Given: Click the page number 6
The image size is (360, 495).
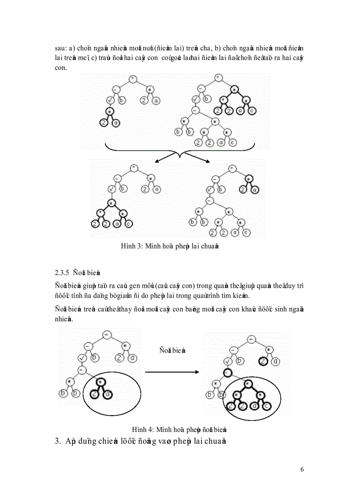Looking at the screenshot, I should [x=302, y=469].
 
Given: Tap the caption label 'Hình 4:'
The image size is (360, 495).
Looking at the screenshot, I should [x=142, y=429].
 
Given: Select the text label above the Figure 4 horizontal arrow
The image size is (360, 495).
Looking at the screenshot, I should [x=172, y=350].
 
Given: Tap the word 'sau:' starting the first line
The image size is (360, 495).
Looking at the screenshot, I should [x=60, y=48].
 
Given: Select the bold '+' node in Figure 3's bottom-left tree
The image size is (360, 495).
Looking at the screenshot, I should [x=101, y=213].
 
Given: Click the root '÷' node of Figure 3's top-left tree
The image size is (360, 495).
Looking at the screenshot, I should [x=133, y=79].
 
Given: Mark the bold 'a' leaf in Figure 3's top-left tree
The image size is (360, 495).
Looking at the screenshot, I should [x=116, y=123].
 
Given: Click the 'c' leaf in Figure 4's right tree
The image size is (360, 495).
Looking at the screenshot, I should [x=266, y=406].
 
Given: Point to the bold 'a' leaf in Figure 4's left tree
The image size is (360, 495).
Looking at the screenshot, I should [x=106, y=395].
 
